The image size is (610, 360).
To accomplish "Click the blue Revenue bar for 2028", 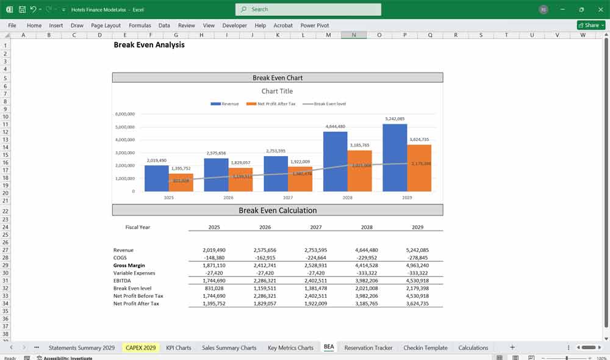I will (335, 162).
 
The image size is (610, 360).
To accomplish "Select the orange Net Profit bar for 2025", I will (181, 182).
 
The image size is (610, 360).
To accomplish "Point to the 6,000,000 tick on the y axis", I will (124, 114).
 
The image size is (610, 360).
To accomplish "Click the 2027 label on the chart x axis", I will (287, 198).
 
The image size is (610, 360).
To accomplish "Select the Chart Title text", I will (277, 91).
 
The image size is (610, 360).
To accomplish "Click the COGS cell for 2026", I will (265, 257).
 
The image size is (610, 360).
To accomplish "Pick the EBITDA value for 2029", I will (417, 281).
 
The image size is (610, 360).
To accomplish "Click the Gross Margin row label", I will (129, 265).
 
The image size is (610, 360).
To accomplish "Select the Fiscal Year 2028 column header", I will (366, 227).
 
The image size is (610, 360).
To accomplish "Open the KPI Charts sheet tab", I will (179, 348).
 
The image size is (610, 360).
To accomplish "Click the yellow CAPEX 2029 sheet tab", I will (141, 348).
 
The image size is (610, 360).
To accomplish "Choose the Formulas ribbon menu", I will (140, 26).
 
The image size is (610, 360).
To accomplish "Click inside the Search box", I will (308, 9).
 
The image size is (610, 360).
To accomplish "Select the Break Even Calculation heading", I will (278, 211).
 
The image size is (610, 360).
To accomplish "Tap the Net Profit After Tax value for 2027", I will (315, 303).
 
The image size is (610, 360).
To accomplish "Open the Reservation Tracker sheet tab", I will (368, 348).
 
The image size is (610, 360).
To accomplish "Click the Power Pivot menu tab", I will (314, 26).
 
